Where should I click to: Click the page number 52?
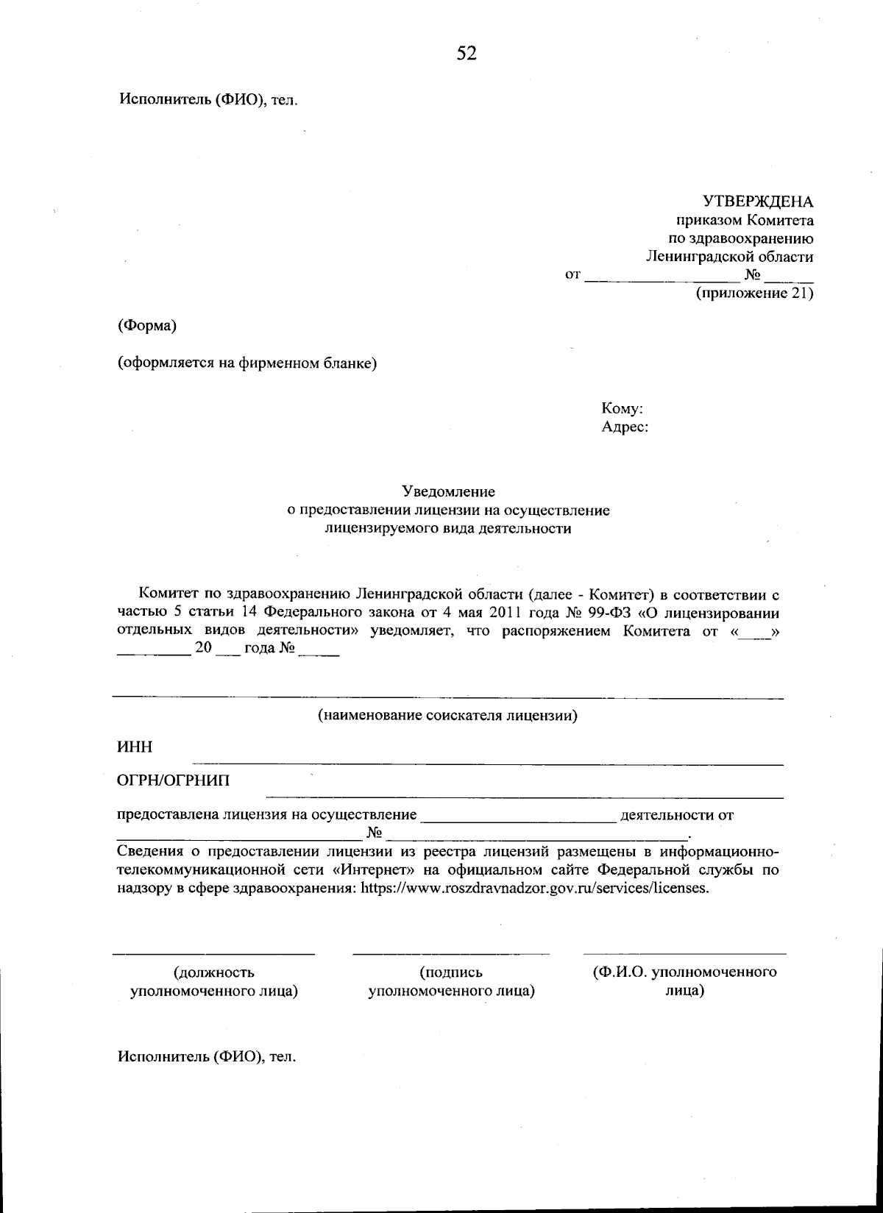coord(467,52)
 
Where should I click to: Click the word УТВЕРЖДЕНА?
coord(758,202)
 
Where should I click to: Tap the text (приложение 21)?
coord(754,294)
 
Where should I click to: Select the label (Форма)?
coord(147,325)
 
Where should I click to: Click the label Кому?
coord(623,408)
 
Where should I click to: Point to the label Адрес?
coord(625,427)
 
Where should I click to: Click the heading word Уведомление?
coord(448,491)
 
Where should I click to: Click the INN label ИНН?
coord(135,747)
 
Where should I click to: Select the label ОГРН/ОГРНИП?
coord(174,780)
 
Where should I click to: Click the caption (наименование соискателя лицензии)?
coord(447,715)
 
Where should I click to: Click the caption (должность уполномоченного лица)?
coord(213,982)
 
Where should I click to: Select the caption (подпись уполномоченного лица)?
coord(451,982)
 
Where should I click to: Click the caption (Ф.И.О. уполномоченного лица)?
coord(685,981)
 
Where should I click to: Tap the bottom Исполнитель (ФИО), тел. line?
coord(208,1057)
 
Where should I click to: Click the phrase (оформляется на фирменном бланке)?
coord(248,363)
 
